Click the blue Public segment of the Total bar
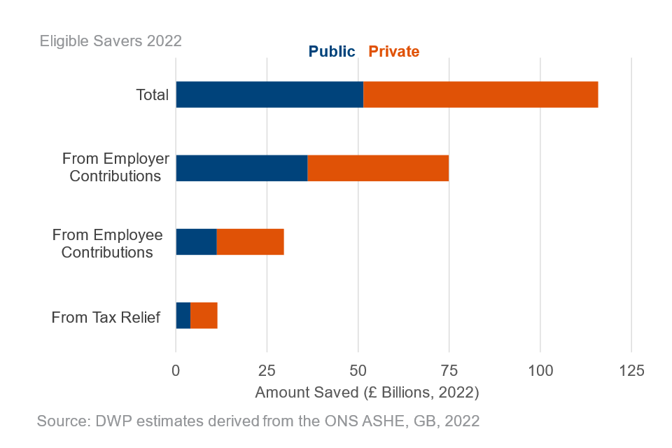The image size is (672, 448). pyautogui.click(x=269, y=94)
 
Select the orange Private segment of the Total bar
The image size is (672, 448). pyautogui.click(x=481, y=94)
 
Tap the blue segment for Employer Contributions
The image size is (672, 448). pyautogui.click(x=241, y=168)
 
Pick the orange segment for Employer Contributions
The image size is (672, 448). pyautogui.click(x=378, y=168)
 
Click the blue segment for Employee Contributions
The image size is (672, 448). pyautogui.click(x=196, y=241)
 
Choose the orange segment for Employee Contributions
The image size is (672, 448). pyautogui.click(x=250, y=241)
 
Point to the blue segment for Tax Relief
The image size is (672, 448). pyautogui.click(x=183, y=316)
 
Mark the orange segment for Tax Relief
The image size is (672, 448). pyautogui.click(x=204, y=316)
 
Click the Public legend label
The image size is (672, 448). pyautogui.click(x=332, y=52)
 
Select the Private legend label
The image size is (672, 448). pyautogui.click(x=394, y=52)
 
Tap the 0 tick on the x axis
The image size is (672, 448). pyautogui.click(x=176, y=371)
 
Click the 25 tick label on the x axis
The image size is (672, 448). pyautogui.click(x=267, y=371)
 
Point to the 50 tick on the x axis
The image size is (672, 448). pyautogui.click(x=358, y=371)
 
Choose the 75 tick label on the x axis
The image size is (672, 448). pyautogui.click(x=449, y=371)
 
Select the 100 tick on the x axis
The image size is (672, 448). pyautogui.click(x=540, y=371)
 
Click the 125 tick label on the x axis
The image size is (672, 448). pyautogui.click(x=631, y=371)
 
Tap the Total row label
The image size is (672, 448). pyautogui.click(x=152, y=94)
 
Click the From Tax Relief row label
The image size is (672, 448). pyautogui.click(x=106, y=318)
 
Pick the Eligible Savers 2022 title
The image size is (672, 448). pyautogui.click(x=111, y=41)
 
